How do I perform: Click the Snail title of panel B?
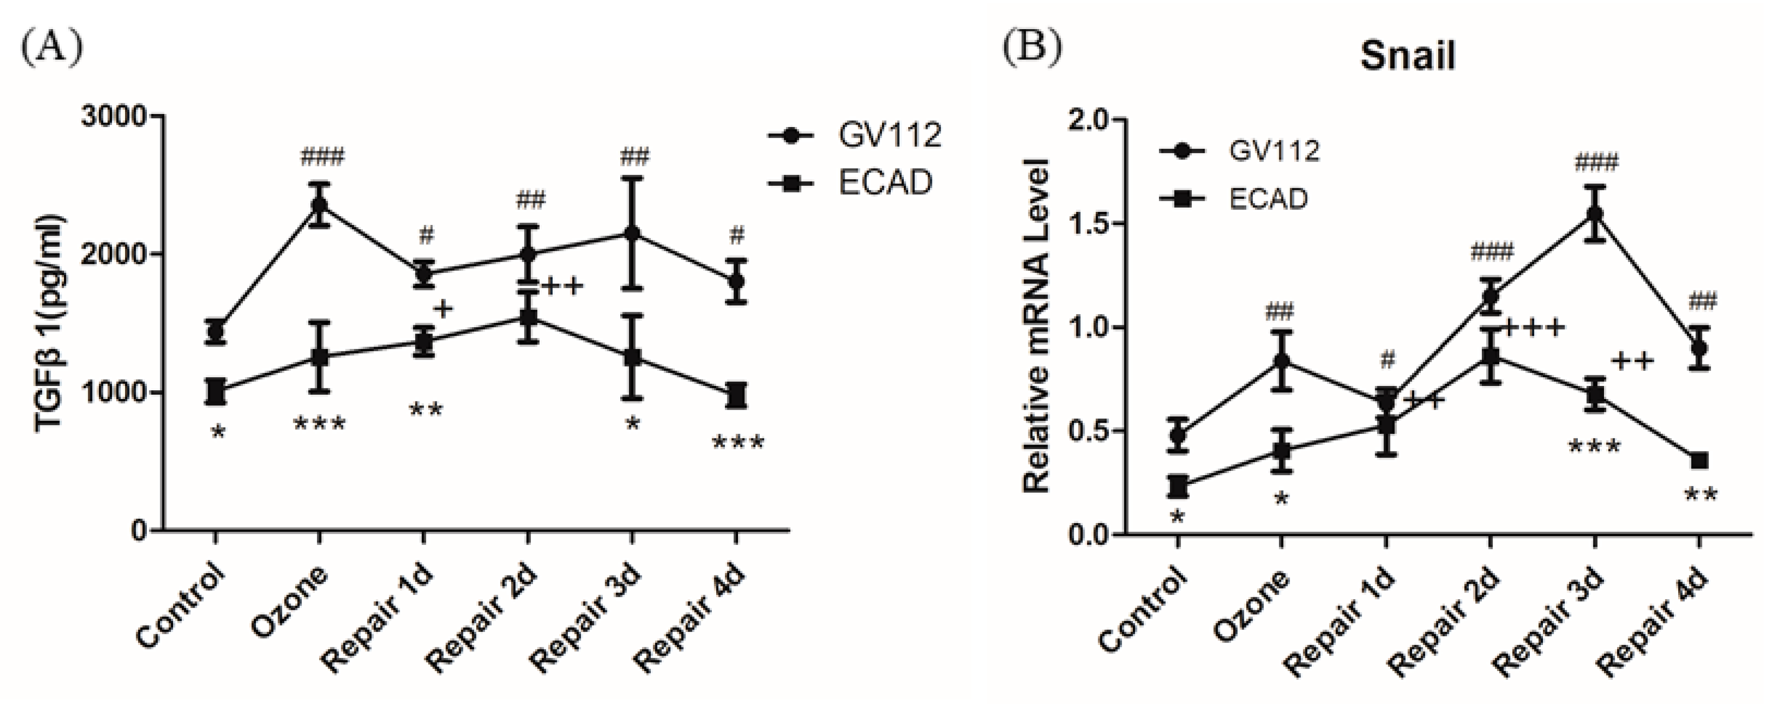[1407, 56]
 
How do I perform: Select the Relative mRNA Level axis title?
[1037, 325]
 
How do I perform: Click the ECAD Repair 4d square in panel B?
[1699, 461]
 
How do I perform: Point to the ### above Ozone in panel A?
[322, 158]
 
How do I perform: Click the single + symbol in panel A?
[443, 309]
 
